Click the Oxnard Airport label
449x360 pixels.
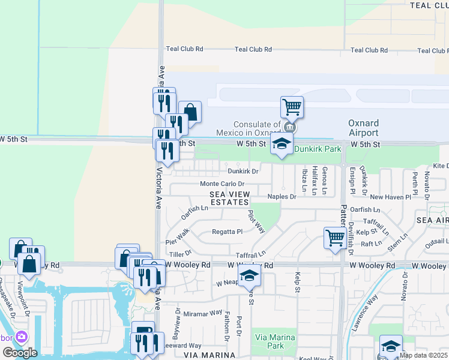coord(364,127)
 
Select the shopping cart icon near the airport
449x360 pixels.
coord(292,107)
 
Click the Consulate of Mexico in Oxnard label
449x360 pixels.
coord(248,128)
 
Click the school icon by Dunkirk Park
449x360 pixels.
coord(281,144)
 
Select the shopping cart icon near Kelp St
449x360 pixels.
coord(335,237)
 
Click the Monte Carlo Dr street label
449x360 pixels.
coord(222,184)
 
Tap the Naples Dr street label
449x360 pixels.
coord(282,197)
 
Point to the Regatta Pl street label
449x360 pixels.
coord(227,232)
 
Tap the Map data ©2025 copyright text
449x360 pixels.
coord(423,355)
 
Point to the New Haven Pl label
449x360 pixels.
coord(390,197)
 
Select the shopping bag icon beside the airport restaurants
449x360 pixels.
coord(190,112)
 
